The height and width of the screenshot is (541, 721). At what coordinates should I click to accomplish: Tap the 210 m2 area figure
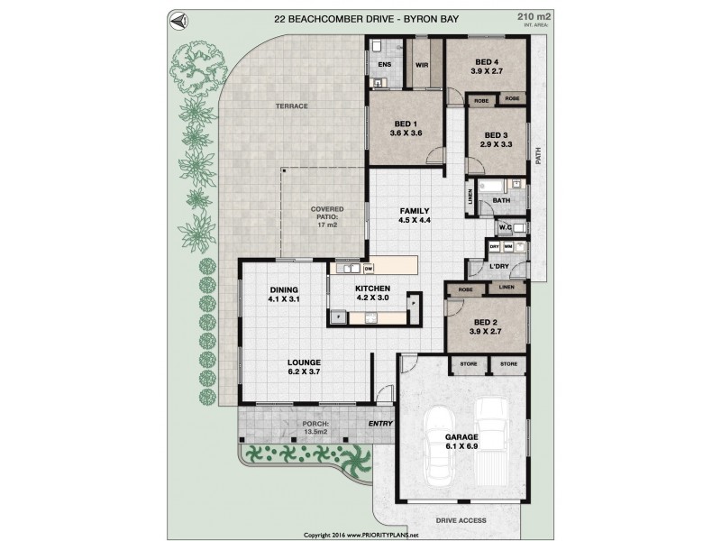pyautogui.click(x=528, y=17)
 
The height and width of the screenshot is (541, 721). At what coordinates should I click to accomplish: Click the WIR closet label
pyautogui.click(x=421, y=65)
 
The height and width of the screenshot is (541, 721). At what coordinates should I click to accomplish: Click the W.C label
pyautogui.click(x=506, y=227)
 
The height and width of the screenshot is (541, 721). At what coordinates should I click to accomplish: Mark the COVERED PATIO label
pyautogui.click(x=325, y=212)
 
